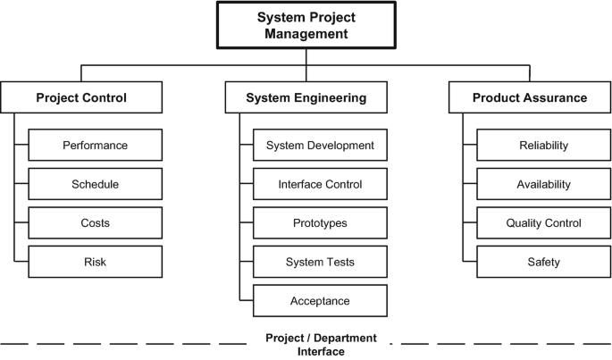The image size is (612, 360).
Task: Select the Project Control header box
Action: click(81, 97)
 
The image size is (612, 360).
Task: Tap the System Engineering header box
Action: click(306, 97)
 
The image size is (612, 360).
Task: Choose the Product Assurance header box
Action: click(530, 97)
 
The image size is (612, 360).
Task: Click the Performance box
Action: click(95, 145)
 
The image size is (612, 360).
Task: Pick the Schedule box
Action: click(95, 184)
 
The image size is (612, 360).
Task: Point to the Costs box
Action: click(95, 222)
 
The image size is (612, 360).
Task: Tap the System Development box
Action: click(320, 145)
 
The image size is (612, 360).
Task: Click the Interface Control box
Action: click(320, 184)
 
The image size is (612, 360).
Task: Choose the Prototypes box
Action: click(320, 222)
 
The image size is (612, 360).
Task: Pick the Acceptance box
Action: click(320, 300)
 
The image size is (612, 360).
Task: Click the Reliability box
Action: click(543, 145)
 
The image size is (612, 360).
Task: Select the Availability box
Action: click(543, 184)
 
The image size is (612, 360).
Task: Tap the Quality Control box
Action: click(543, 222)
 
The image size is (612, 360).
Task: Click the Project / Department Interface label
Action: click(321, 345)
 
